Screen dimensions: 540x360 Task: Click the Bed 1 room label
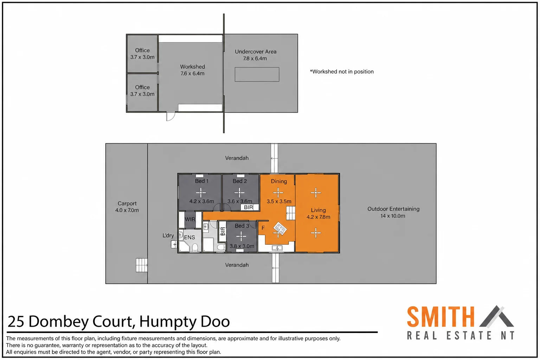201,181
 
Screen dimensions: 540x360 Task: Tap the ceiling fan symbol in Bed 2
239,192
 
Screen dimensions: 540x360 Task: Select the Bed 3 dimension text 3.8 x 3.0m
242,246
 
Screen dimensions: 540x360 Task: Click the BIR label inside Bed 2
248,207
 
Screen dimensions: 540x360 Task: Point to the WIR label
190,219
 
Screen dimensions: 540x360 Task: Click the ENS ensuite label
189,237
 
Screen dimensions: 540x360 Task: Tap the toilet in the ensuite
195,247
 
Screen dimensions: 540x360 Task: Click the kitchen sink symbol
277,248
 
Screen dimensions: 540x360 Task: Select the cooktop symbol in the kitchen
280,228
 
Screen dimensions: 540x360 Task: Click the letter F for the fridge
263,227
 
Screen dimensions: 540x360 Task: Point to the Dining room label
279,181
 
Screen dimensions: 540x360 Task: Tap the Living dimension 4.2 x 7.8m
318,217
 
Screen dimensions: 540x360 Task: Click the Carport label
127,203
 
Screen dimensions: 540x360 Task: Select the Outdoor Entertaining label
393,209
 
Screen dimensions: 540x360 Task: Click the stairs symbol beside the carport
142,265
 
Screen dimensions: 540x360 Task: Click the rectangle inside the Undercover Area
257,75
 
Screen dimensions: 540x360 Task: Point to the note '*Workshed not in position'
342,72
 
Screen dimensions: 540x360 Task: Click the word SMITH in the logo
441,317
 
